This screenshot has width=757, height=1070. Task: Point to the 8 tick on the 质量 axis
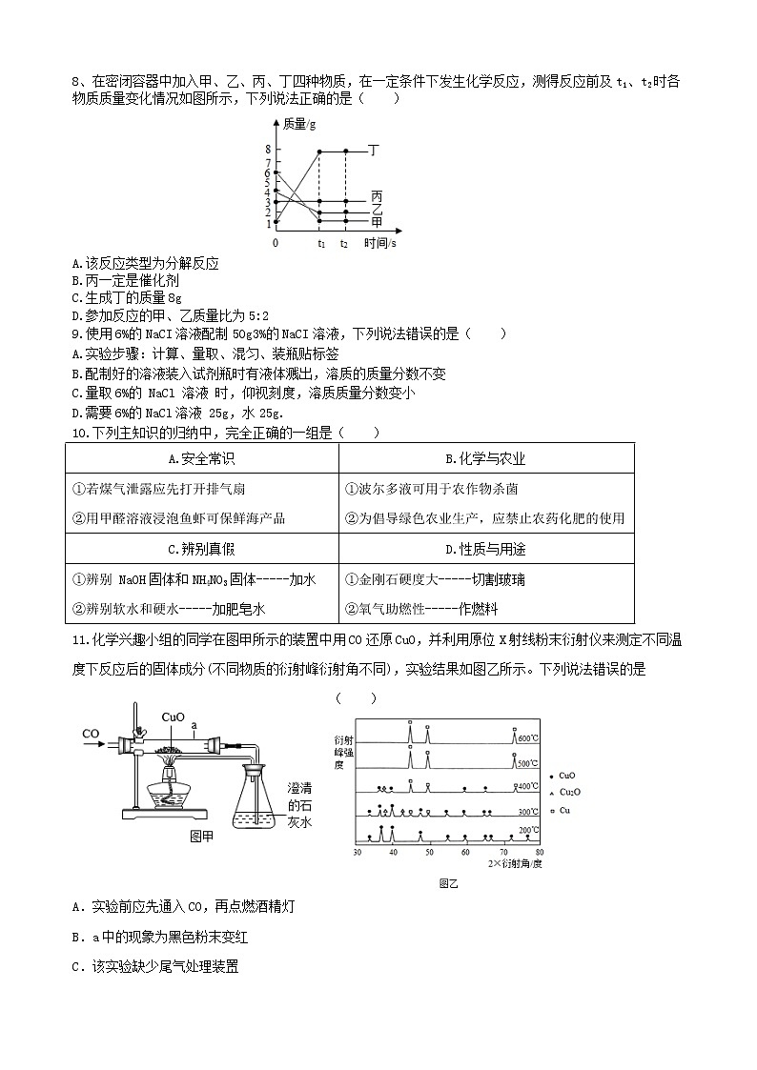(x=268, y=151)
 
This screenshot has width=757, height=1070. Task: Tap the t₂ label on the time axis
(x=343, y=244)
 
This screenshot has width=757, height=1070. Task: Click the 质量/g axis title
(x=300, y=124)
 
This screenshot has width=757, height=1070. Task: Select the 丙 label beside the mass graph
(x=377, y=196)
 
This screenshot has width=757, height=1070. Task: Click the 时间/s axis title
(x=380, y=243)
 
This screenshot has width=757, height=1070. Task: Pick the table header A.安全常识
(x=201, y=458)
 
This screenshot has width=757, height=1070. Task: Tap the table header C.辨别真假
(x=201, y=549)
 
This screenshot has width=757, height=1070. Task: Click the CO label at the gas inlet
(x=92, y=734)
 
